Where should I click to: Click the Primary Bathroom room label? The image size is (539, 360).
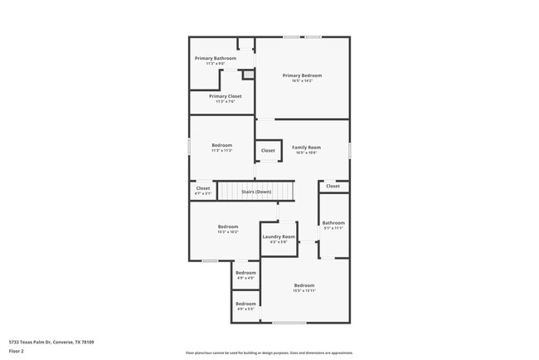coord(216,58)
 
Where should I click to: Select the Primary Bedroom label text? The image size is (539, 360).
coord(302,75)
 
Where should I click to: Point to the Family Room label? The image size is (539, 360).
coord(306,148)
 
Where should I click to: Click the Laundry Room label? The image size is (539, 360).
coord(279,236)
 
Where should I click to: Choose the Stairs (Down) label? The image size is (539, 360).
coord(256,192)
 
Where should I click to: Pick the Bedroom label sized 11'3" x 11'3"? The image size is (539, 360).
coord(221,146)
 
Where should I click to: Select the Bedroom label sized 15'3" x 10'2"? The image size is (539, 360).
coord(228,226)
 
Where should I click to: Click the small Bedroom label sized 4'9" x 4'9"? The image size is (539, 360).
coord(245,273)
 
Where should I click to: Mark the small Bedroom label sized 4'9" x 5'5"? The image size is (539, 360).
coord(245,304)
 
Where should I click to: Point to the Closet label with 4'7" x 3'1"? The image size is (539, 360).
coord(203,188)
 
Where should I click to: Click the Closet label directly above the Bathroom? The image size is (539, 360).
coord(333,187)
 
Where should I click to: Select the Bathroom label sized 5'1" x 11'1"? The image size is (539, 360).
coord(333,222)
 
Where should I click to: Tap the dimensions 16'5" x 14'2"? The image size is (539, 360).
coord(302,81)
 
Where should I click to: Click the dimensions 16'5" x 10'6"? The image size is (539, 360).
coord(306,153)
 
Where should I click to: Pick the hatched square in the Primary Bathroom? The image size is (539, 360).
coord(247,75)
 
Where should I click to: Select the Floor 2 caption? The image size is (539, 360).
coord(17,352)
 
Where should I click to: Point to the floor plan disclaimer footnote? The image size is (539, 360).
coord(269,353)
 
